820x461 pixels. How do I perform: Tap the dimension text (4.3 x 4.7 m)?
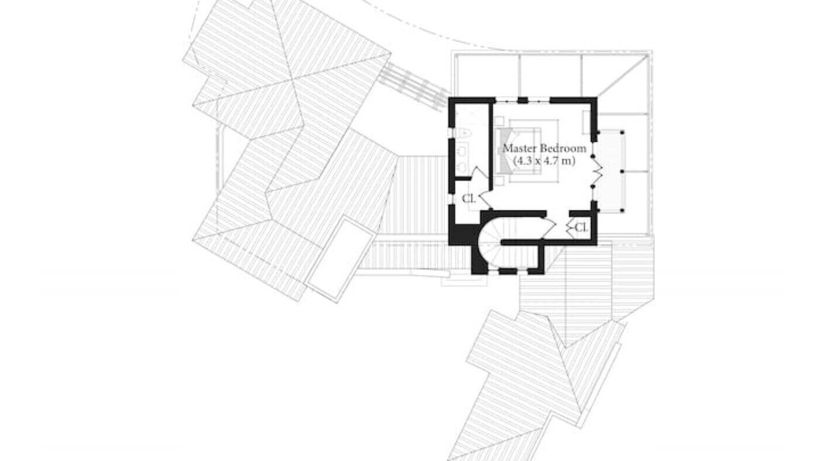tap(544, 161)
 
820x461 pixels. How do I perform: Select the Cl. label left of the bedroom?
tap(468, 198)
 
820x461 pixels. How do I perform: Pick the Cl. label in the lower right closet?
tap(581, 227)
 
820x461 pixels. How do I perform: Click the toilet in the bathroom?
tap(463, 134)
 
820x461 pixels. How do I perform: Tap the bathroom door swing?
tap(480, 173)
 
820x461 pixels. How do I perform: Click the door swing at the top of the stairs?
tap(548, 227)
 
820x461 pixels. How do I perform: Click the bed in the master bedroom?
tap(529, 150)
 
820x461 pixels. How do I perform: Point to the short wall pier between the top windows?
tap(523, 100)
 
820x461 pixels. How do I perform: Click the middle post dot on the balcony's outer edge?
tap(622, 171)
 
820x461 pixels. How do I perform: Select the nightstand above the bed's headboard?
tap(498, 121)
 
